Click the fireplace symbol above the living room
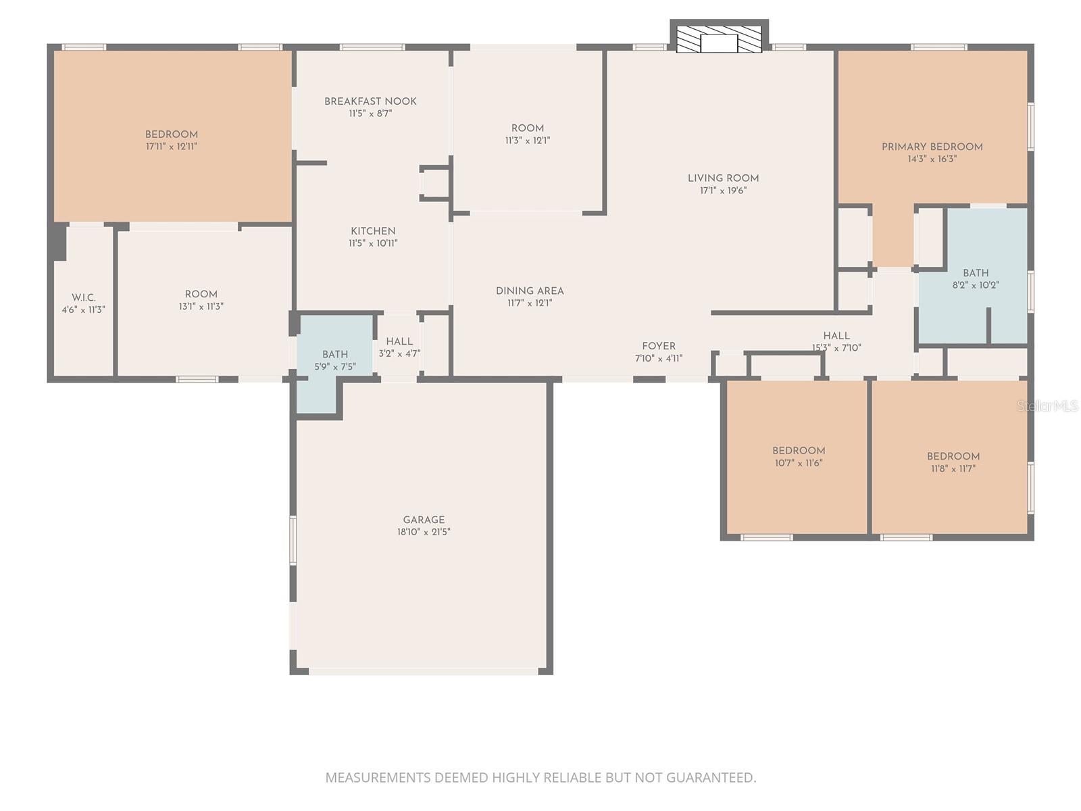click(719, 39)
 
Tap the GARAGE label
click(424, 520)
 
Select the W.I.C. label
click(84, 297)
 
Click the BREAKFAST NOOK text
click(370, 101)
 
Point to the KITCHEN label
click(373, 231)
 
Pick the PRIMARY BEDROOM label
click(932, 147)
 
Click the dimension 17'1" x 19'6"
click(723, 191)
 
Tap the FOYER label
click(659, 346)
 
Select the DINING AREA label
click(530, 291)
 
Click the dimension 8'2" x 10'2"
click(976, 285)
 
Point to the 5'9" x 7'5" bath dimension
click(335, 366)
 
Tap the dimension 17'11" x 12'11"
click(172, 146)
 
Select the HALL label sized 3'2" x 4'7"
click(399, 342)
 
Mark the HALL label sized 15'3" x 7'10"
click(836, 336)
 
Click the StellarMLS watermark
click(1048, 406)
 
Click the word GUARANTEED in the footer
click(711, 777)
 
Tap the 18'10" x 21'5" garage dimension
click(424, 532)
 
